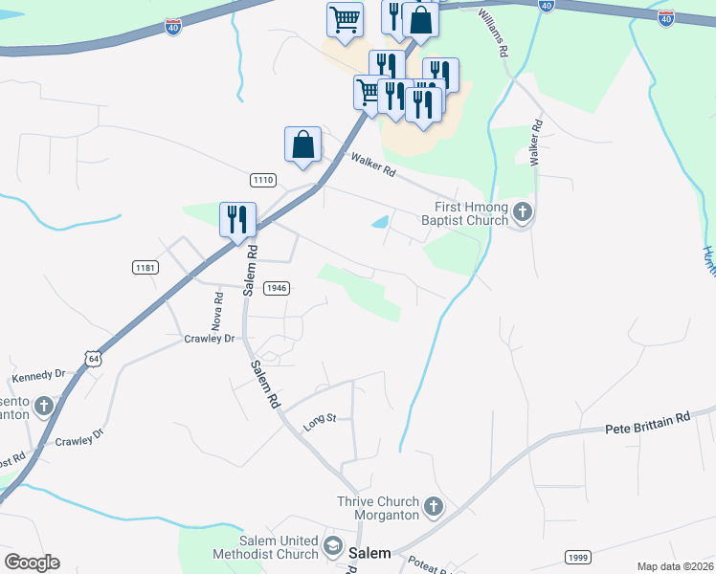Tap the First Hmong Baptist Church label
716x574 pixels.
pos(465,214)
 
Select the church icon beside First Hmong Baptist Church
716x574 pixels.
pos(522,213)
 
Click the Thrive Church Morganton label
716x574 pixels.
pos(378,508)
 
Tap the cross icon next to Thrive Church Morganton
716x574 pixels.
pos(433,506)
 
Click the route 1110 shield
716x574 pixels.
pos(263,181)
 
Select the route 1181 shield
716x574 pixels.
pos(145,268)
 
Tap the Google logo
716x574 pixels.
pos(32,563)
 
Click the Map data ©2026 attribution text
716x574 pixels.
pos(675,566)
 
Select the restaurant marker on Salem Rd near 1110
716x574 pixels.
pos(235,219)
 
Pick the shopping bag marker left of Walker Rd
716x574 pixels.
pos(302,144)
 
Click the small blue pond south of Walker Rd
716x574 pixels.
pos(380,223)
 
